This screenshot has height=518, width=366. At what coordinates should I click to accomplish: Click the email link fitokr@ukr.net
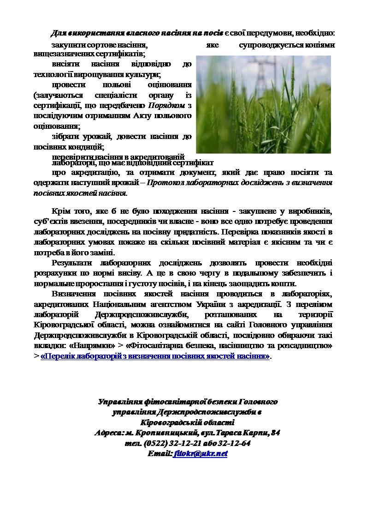201,453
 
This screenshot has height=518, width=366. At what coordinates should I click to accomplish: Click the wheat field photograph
263,104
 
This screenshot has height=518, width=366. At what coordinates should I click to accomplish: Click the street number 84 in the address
275,433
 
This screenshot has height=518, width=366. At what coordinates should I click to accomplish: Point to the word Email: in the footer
159,453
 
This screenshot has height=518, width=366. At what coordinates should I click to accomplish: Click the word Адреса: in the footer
109,433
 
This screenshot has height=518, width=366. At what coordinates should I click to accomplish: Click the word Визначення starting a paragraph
75,294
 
